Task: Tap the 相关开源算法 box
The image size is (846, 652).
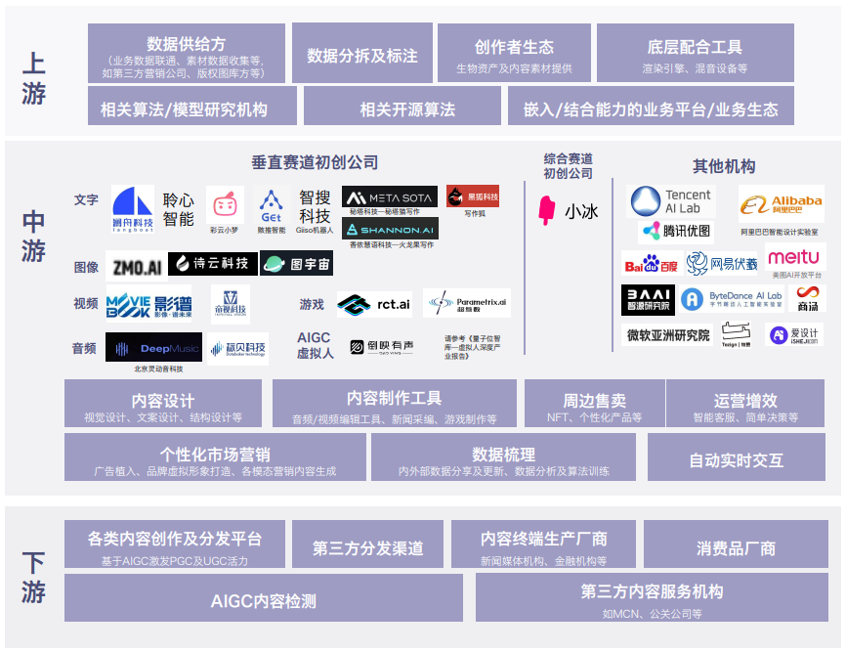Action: [x=402, y=109]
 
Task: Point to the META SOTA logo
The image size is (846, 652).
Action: [x=390, y=196]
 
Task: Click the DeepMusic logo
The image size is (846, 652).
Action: [x=153, y=347]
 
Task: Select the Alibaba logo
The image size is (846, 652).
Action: [x=781, y=203]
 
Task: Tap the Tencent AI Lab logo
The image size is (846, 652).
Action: [x=672, y=201]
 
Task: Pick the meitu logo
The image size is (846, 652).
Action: [x=794, y=258]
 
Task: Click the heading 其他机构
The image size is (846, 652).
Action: [x=724, y=165]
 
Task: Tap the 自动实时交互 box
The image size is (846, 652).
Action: [x=736, y=458]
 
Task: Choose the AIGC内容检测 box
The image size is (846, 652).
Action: [x=263, y=599]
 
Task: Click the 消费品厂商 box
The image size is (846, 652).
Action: [x=736, y=547]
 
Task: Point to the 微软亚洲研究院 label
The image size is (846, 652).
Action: [x=667, y=335]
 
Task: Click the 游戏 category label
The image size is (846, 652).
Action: [x=312, y=304]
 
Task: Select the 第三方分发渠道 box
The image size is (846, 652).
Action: [x=367, y=547]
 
